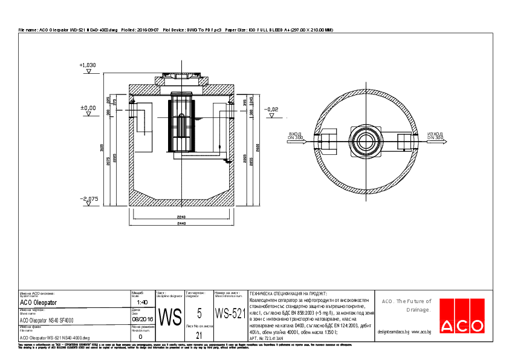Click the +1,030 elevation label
coord(88,65)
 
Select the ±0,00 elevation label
coord(88,108)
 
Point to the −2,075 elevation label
coord(88,198)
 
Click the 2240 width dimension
coord(181,215)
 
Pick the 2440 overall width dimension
coord(181,223)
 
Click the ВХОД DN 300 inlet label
coord(295,136)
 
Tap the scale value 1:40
coord(142,302)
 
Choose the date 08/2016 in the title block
coord(142,319)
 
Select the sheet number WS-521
coord(230,314)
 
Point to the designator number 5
coord(199,313)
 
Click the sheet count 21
coord(199,334)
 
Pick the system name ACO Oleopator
coord(39,302)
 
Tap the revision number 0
coord(141,336)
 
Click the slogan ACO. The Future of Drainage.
coord(406,305)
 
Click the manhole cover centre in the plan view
coord(366,142)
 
